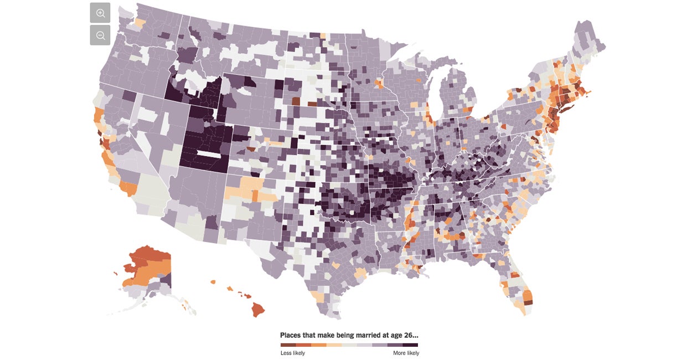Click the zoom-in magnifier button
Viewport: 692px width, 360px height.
100,13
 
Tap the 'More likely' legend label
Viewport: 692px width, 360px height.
406,353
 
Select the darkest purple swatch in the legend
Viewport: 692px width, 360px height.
410,344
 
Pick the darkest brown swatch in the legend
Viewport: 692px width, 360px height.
288,344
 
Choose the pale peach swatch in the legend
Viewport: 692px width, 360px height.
334,344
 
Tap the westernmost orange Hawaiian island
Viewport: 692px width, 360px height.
213,281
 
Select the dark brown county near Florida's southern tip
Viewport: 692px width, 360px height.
528,302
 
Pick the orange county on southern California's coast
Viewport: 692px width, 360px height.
130,189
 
